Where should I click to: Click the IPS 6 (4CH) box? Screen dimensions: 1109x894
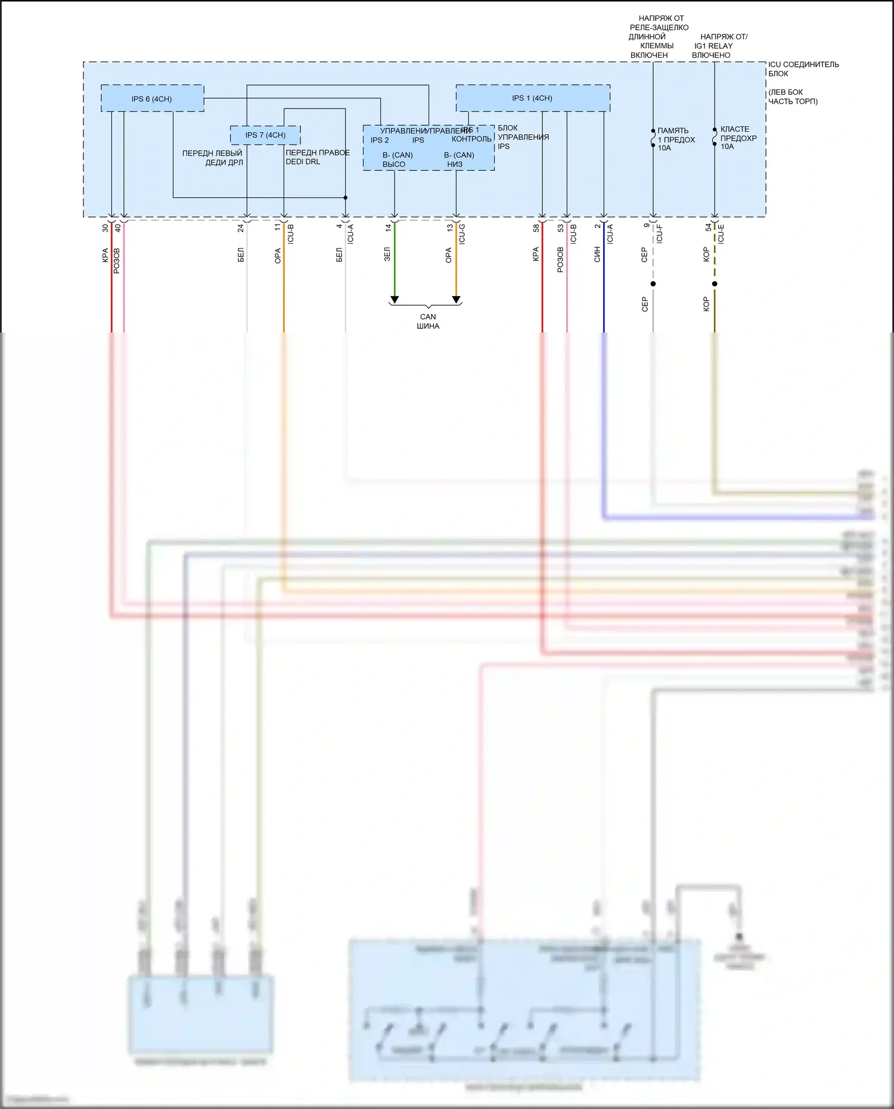152,98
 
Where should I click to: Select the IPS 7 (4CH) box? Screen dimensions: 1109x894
265,135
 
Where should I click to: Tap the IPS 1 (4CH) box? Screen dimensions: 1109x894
532,98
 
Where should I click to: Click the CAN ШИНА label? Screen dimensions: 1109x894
428,321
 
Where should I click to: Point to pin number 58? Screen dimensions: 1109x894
536,228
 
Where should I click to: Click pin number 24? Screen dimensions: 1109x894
241,228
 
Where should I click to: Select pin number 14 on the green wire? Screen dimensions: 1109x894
389,228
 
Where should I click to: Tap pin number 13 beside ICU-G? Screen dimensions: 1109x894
450,228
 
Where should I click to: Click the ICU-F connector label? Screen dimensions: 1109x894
659,234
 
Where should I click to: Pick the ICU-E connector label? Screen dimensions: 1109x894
721,234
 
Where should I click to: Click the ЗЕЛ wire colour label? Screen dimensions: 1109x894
387,254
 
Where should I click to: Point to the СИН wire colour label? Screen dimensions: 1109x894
597,254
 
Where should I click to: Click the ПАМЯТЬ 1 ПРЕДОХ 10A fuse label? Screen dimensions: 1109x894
675,139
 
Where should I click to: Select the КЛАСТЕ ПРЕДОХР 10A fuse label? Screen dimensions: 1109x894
738,138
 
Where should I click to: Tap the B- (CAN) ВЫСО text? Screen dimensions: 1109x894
397,159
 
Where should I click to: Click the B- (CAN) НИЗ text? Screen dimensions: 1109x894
458,159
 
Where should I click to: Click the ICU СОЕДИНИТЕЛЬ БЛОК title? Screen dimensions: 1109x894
803,69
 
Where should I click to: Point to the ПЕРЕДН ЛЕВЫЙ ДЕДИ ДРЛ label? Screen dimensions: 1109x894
213,157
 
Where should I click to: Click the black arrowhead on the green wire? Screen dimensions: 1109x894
394,300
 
